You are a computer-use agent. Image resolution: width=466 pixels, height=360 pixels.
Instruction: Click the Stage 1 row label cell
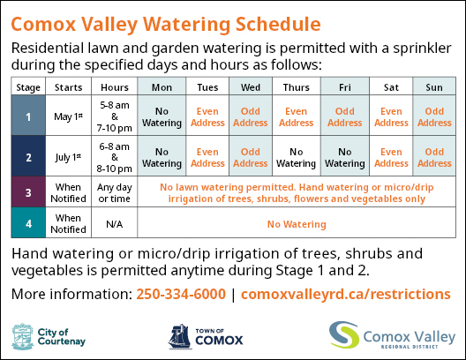28,116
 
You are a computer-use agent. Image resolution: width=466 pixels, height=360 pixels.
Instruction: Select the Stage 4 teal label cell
28,222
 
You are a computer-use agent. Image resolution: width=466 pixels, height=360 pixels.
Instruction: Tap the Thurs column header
297,86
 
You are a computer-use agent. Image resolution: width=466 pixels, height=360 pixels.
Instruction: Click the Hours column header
115,86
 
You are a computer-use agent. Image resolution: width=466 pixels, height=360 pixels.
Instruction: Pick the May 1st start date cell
68,116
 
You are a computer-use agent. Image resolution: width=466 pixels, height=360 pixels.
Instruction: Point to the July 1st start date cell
68,156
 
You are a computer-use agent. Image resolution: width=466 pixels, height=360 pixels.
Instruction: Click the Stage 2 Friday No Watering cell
345,156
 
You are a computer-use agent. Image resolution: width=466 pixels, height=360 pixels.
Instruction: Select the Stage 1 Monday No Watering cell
162,116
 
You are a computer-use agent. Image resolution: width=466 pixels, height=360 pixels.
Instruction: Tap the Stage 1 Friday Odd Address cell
345,116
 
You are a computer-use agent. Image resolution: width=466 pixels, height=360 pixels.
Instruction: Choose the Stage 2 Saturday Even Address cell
391,156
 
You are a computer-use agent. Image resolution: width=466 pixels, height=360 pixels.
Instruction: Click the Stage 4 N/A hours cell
115,222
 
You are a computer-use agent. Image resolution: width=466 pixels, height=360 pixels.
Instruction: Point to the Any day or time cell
115,191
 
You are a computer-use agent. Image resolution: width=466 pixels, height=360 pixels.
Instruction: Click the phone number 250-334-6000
181,294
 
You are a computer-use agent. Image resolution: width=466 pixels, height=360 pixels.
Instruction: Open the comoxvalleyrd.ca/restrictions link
346,294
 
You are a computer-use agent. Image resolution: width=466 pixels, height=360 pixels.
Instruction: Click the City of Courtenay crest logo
23,336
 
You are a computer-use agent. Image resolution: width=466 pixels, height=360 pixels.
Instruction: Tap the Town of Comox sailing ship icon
180,336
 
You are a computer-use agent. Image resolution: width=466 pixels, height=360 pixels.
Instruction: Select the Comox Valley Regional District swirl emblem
344,334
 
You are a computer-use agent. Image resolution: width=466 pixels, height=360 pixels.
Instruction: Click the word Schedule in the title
278,24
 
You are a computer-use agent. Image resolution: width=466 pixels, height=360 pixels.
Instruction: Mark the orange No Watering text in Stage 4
297,224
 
